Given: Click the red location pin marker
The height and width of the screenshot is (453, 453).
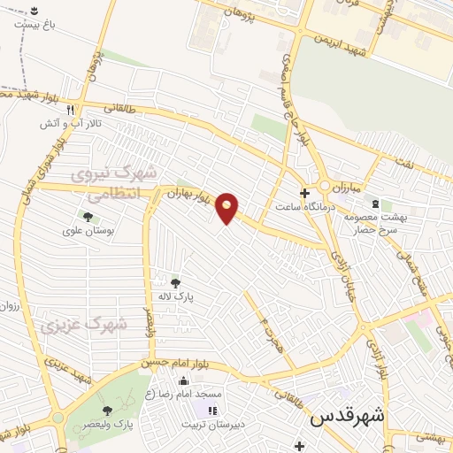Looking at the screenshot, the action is click(x=226, y=208).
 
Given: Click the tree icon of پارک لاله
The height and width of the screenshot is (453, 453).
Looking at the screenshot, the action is click(x=176, y=283).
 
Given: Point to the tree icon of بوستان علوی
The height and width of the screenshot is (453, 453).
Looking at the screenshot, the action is click(x=88, y=217).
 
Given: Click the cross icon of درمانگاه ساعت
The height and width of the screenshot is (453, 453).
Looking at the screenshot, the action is click(x=304, y=192).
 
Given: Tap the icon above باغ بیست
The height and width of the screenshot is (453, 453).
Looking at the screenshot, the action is click(x=34, y=10).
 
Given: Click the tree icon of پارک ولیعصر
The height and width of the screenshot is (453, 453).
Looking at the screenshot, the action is click(x=106, y=411).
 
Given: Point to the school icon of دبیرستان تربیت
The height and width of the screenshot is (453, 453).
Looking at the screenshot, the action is click(x=211, y=411).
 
